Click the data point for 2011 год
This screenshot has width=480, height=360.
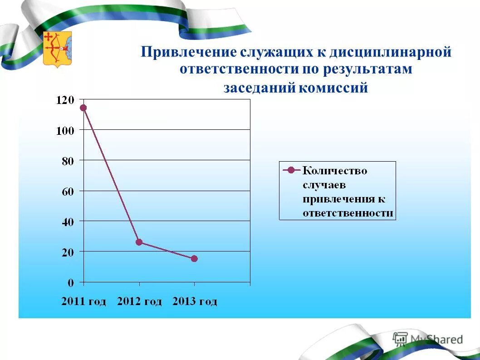point(83,108)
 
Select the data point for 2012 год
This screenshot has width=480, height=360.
point(139,242)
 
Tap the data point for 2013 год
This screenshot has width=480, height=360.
point(194,259)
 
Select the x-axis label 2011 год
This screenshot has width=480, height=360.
point(83,301)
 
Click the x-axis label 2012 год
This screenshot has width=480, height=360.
point(139,301)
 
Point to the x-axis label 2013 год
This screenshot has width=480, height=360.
point(195,301)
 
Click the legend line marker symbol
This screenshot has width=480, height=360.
point(291,171)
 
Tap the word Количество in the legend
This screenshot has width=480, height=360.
point(335,171)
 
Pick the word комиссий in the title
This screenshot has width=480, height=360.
point(333,88)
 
